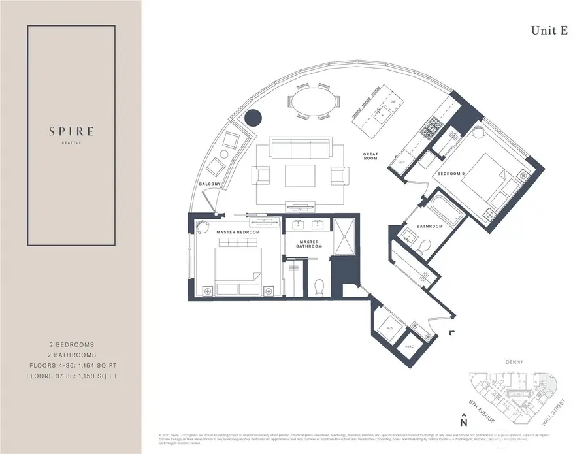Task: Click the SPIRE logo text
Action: (71, 131)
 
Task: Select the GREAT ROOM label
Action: (371, 156)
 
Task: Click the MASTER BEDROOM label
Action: (238, 232)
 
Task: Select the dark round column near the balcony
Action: (253, 118)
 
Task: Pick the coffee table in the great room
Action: (302, 175)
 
